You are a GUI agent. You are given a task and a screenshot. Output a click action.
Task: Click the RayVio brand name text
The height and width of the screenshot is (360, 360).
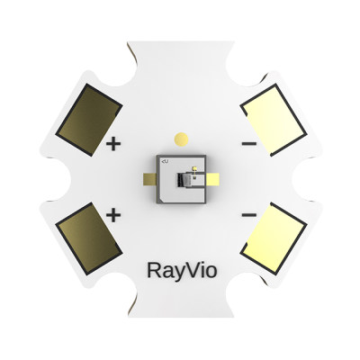point(180,269)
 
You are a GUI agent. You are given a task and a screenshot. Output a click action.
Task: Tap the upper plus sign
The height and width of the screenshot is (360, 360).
point(113,143)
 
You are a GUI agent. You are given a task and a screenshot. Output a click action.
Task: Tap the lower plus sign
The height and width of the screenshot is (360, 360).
point(113,215)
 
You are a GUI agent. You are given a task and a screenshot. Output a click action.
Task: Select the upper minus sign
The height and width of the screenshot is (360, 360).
point(249,143)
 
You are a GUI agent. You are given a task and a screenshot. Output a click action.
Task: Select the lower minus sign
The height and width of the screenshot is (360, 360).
point(249,216)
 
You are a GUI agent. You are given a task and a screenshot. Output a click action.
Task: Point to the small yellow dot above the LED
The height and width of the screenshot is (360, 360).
point(181,139)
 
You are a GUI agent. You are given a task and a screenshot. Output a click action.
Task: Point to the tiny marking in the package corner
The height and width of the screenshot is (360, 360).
point(165,160)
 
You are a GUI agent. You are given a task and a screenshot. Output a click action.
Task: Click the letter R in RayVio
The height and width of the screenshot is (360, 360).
point(152,269)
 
